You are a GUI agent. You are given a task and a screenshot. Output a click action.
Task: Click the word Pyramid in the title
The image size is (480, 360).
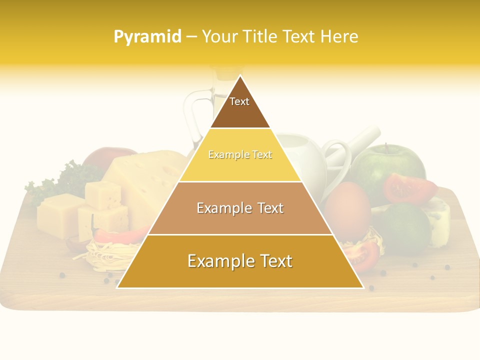[147, 36]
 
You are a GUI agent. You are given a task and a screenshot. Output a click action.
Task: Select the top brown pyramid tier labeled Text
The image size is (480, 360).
[240, 107]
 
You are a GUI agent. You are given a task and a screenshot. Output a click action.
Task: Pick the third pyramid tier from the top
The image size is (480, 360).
[240, 208]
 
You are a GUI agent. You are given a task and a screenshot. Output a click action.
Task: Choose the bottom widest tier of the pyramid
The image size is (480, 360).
[240, 261]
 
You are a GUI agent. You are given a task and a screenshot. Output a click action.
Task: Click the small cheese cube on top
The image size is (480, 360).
[102, 195]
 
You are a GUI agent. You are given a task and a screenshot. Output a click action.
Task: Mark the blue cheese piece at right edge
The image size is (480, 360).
[440, 220]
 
